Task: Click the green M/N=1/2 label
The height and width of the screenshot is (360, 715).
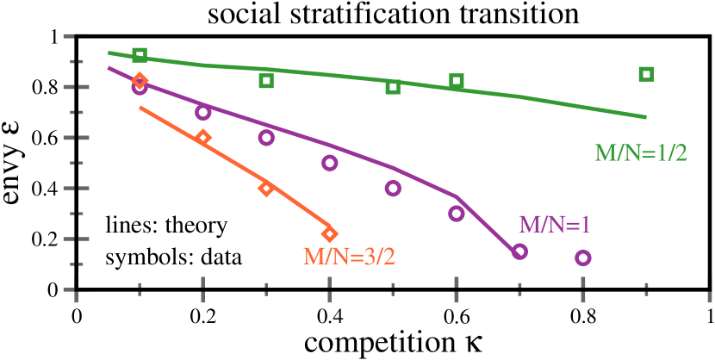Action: (x=640, y=153)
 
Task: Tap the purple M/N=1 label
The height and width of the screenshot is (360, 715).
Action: (x=554, y=225)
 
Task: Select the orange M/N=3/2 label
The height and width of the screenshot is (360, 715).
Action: (x=349, y=256)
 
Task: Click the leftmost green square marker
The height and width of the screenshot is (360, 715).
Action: (x=140, y=56)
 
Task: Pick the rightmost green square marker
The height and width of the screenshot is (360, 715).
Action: (x=646, y=74)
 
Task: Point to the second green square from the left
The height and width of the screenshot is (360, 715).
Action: (x=266, y=81)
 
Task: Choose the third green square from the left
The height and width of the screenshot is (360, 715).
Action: (x=393, y=87)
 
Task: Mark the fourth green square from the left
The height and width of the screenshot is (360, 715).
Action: (x=457, y=82)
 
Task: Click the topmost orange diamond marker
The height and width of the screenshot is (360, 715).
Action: (x=140, y=81)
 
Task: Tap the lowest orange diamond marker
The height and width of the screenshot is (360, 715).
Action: (x=329, y=233)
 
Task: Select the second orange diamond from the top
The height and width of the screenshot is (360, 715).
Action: (x=203, y=138)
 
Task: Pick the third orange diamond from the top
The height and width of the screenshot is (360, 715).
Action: (x=266, y=189)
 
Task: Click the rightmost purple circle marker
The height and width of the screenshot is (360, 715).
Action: (x=583, y=258)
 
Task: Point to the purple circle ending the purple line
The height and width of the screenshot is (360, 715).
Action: (x=519, y=251)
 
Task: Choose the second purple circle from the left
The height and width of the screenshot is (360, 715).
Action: (x=203, y=112)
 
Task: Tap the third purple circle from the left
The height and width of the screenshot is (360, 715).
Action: (x=266, y=138)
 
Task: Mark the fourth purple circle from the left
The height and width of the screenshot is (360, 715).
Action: (x=329, y=163)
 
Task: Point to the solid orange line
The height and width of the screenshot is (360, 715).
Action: (x=234, y=164)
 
